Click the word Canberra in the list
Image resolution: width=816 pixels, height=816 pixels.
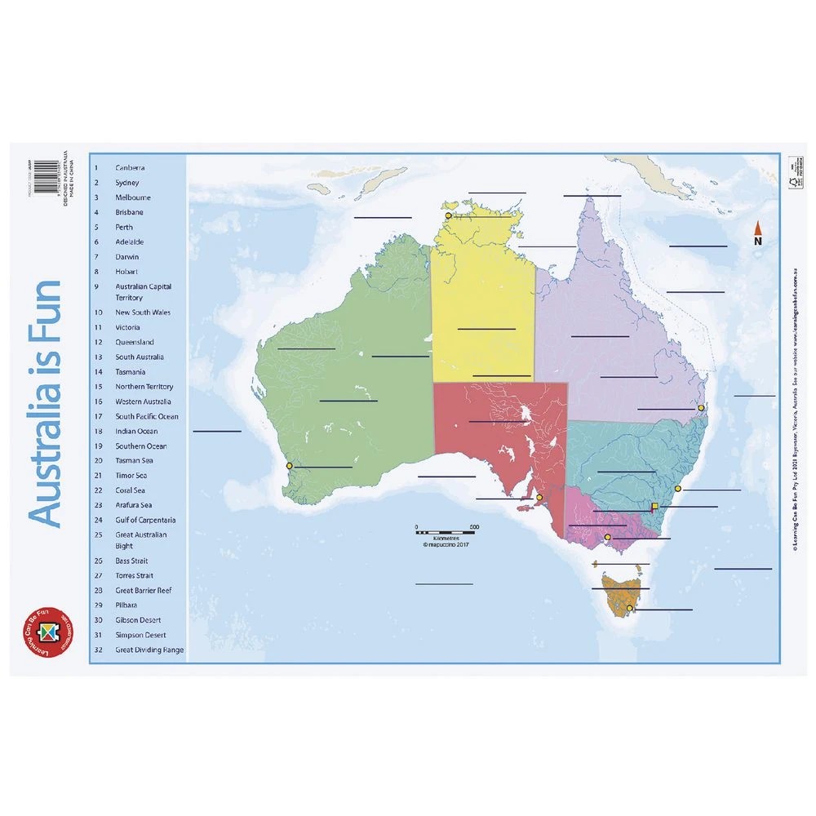(x=131, y=167)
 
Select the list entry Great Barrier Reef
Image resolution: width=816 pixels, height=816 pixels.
(x=143, y=590)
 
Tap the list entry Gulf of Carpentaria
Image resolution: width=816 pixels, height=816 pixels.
(x=145, y=520)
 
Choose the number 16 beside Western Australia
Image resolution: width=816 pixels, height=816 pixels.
(x=98, y=401)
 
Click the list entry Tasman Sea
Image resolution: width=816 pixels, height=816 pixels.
(x=134, y=460)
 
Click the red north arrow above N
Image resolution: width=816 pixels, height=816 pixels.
(x=757, y=228)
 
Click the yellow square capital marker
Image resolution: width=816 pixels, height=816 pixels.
(x=654, y=507)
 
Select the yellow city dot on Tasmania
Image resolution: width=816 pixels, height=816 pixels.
(x=629, y=607)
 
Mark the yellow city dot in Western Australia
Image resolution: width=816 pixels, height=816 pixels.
(x=289, y=467)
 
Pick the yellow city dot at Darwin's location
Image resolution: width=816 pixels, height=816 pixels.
(x=448, y=215)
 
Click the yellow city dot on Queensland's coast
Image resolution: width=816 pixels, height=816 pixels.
(x=700, y=408)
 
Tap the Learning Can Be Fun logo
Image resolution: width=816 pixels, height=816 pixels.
(x=47, y=634)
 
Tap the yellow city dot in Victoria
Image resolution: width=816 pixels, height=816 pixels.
(x=607, y=538)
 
